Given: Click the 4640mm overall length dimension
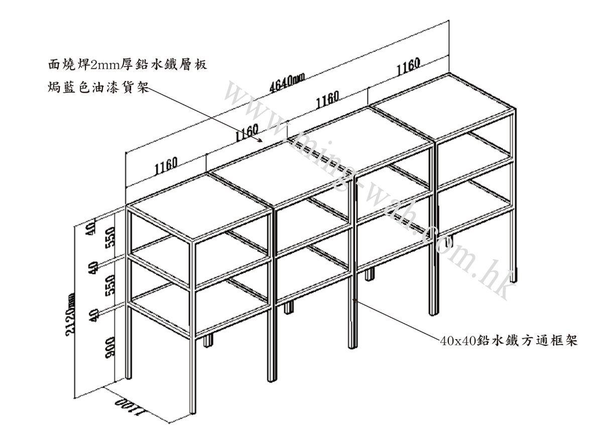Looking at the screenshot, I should click(x=287, y=83).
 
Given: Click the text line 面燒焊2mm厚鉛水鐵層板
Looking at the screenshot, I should click(x=126, y=65).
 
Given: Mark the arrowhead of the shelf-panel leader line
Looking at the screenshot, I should click(x=261, y=141).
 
